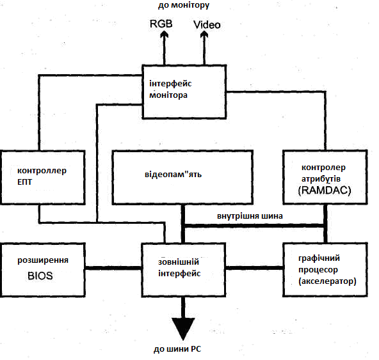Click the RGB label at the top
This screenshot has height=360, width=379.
coord(161,24)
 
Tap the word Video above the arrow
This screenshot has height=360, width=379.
coord(207,25)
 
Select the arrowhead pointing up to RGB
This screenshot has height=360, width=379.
coord(165,36)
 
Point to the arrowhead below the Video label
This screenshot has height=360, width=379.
coord(204,36)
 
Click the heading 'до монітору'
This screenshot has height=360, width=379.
coord(184,5)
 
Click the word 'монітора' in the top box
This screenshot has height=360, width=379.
coord(168,95)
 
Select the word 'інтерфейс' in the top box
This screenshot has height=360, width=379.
coord(170,84)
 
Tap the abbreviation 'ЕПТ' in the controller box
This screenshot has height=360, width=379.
coord(25,182)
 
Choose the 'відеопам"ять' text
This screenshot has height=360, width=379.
coord(173,175)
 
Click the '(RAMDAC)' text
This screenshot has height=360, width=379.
coord(325,191)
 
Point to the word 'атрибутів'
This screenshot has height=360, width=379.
coord(321,179)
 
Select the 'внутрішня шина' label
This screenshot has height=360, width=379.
coord(250,216)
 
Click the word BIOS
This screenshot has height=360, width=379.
coord(40,276)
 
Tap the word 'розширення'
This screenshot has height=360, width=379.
coord(43,260)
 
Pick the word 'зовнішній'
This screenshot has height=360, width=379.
coord(179,262)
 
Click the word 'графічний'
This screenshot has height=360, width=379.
coord(319,258)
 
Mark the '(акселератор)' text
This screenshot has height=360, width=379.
coord(327,281)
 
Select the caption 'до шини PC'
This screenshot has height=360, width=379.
coord(177,349)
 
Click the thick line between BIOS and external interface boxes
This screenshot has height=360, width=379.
coord(113,268)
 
